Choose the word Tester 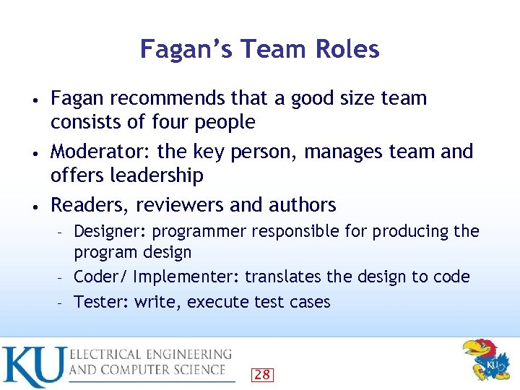pos(100,302)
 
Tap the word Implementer pos(186,277)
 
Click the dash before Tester pos(63,303)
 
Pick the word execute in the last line pos(216,302)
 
